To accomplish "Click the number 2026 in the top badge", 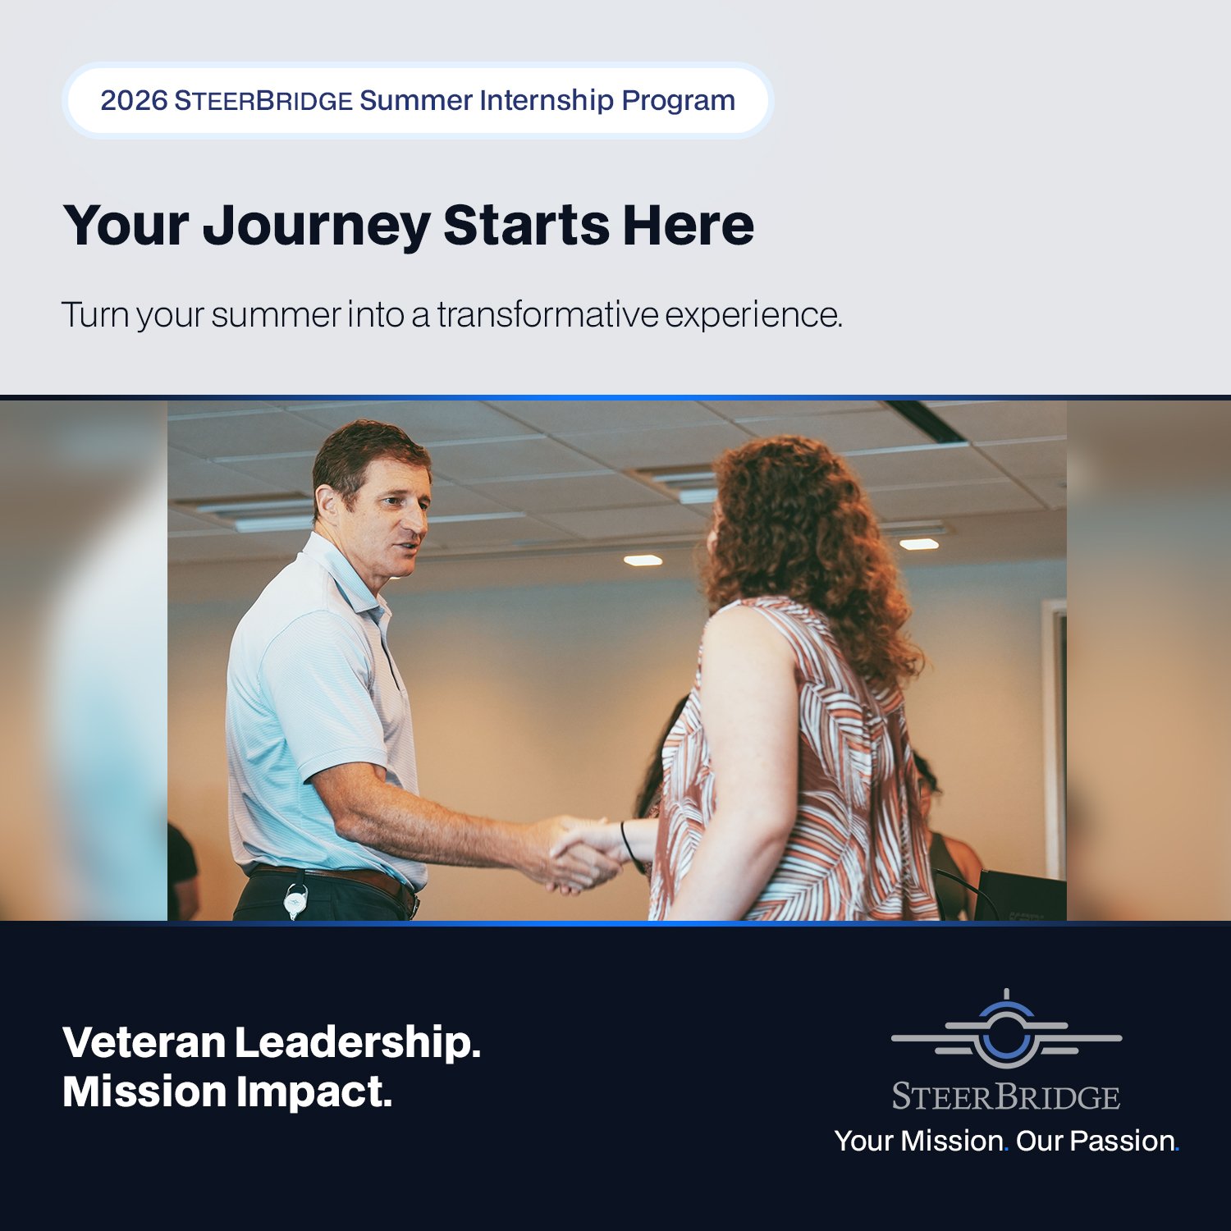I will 134,101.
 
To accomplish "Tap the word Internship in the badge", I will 547,101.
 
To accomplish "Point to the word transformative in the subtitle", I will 547,315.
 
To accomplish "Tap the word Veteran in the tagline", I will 144,1042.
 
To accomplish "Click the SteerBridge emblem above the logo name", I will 1006,1032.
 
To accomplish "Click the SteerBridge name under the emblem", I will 1006,1097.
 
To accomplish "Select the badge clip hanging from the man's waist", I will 296,902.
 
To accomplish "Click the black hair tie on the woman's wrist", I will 628,845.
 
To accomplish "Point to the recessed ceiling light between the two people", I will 643,561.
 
